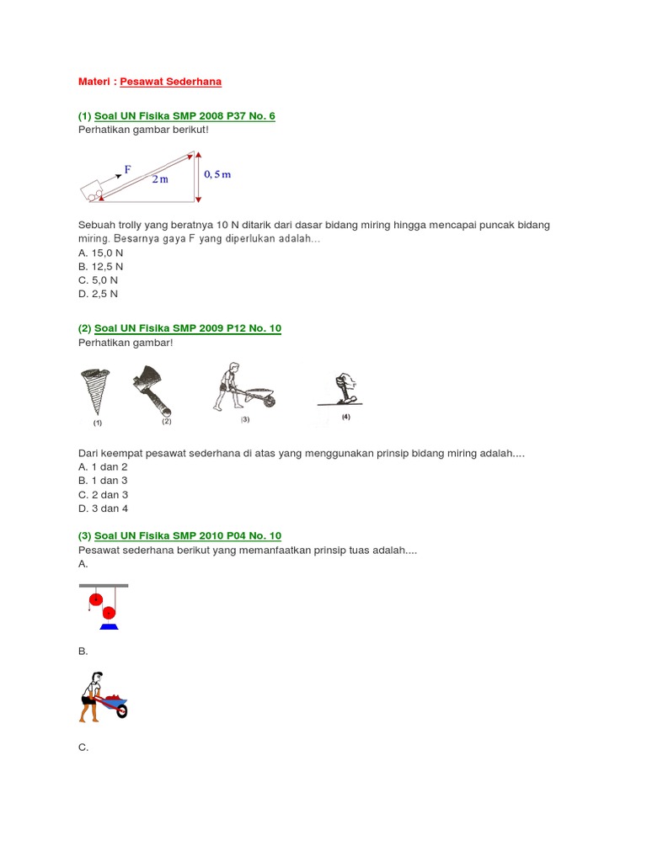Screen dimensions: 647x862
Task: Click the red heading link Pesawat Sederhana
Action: click(170, 82)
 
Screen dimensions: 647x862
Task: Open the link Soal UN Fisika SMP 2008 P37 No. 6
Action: click(184, 116)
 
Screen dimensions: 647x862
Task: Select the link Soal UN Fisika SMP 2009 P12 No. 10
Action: click(188, 328)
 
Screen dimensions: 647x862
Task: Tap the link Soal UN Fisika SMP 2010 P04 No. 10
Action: click(188, 535)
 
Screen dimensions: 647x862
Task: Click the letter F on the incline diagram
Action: click(128, 169)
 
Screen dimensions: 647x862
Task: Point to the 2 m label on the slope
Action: click(160, 179)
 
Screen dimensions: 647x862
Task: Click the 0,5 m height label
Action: click(217, 174)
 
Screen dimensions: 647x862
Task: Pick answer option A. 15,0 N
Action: click(101, 253)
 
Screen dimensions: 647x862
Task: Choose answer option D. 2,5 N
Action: click(98, 294)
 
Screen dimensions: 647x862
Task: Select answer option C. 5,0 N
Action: click(98, 279)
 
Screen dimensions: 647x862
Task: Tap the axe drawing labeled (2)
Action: click(152, 391)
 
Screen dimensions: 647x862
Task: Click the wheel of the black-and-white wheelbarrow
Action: click(269, 402)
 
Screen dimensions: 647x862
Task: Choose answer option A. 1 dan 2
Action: click(103, 466)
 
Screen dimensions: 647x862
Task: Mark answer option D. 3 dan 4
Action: click(103, 508)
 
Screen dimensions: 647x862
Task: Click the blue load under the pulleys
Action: click(109, 626)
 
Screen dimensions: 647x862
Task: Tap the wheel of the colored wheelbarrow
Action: click(121, 711)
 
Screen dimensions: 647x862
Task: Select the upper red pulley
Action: click(96, 599)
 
